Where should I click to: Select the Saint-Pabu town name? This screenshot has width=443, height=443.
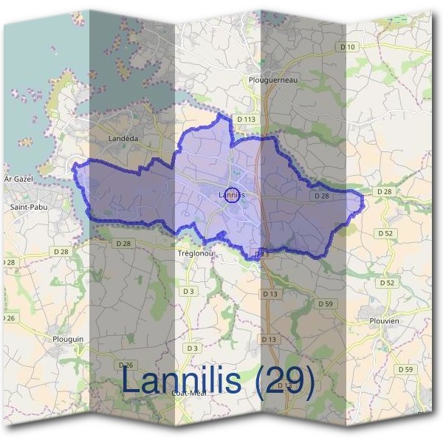26,207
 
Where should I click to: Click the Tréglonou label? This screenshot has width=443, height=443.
196,253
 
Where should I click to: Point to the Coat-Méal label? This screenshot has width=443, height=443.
188,393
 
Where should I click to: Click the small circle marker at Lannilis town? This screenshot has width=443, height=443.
232,196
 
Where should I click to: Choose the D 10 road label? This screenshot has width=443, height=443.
348,47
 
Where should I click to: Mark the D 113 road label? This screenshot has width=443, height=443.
247,118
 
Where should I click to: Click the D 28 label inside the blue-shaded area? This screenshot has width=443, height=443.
321,196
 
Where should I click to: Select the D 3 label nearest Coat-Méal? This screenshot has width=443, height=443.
193,347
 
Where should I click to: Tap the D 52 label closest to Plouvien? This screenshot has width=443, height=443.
386,283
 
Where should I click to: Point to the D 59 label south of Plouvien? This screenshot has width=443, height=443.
405,368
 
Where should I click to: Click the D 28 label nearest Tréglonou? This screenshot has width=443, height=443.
123,243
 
